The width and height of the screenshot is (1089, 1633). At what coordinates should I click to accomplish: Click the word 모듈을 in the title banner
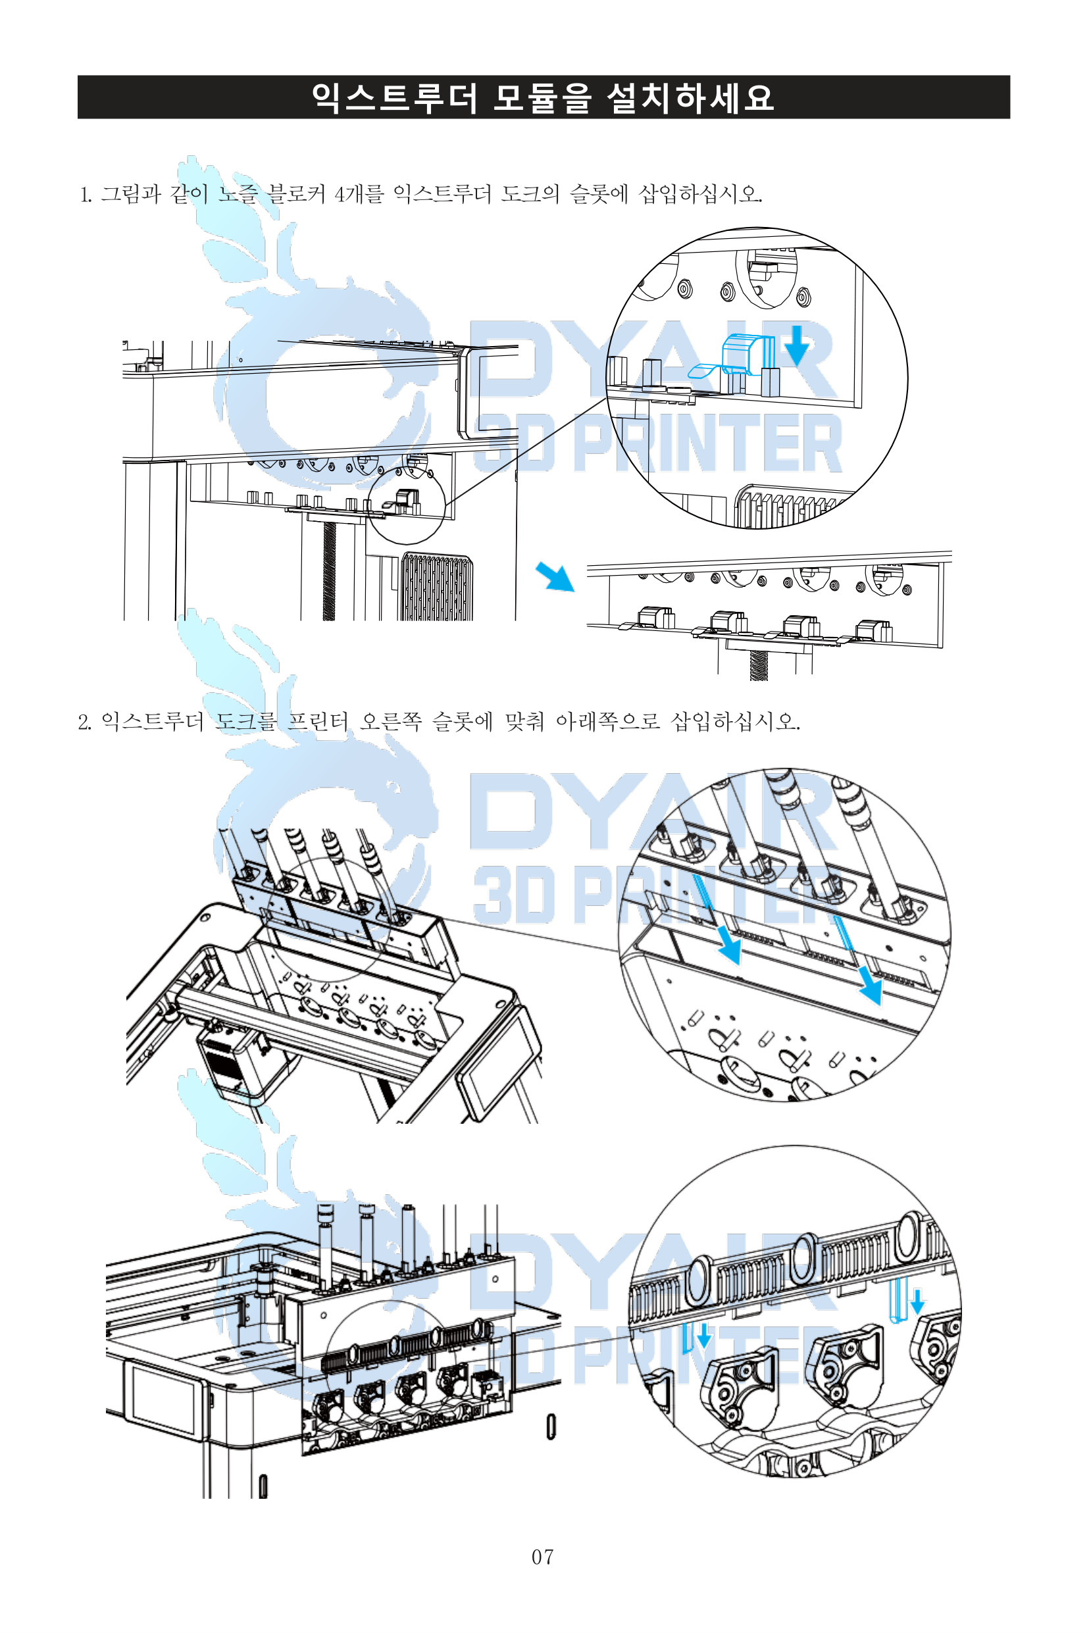pos(541,97)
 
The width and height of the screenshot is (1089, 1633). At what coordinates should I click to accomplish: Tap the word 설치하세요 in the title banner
pos(690,97)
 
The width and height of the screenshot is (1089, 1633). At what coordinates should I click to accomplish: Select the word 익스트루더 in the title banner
pos(395,97)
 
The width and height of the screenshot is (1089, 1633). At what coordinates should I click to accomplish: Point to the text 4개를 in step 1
pos(359,193)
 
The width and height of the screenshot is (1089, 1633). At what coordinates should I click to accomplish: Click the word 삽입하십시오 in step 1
pos(699,193)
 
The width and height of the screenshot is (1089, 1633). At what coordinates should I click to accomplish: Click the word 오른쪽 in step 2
pos(390,721)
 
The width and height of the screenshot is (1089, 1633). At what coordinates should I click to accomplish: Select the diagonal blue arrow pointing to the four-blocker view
pos(555,576)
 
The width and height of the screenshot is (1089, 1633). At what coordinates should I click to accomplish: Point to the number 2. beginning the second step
pos(84,722)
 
